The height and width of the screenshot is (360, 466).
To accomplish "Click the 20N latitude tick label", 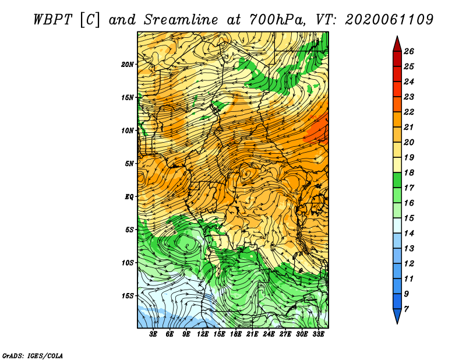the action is click(127, 64).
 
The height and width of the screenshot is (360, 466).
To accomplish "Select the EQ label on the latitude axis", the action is click(129, 196).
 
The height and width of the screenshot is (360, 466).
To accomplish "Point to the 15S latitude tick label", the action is click(128, 296).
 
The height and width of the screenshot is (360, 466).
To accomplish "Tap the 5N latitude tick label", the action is click(129, 164).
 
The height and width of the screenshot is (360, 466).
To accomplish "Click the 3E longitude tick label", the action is click(153, 334).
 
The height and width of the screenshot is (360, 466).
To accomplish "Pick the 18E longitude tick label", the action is click(236, 334).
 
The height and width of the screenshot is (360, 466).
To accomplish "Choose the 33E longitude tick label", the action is click(318, 334).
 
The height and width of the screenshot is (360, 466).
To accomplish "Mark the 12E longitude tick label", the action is click(203, 334).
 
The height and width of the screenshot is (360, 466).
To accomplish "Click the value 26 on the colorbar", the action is click(409, 51).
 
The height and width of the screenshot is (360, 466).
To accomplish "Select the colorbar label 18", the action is click(409, 172).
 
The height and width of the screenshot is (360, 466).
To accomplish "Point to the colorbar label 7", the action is click(407, 309).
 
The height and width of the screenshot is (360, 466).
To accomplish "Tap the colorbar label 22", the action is click(409, 112).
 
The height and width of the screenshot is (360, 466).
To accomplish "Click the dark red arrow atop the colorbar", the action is click(397, 44).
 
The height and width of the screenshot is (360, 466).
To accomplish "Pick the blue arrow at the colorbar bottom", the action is click(397, 316).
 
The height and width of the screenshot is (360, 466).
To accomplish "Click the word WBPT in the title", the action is click(52, 20).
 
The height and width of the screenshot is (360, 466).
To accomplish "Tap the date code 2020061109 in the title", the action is click(389, 20).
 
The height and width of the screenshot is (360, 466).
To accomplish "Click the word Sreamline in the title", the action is click(181, 20).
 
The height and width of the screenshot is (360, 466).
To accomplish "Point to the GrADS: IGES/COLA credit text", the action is click(33, 355).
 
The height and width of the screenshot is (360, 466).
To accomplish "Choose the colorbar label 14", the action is click(409, 234).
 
